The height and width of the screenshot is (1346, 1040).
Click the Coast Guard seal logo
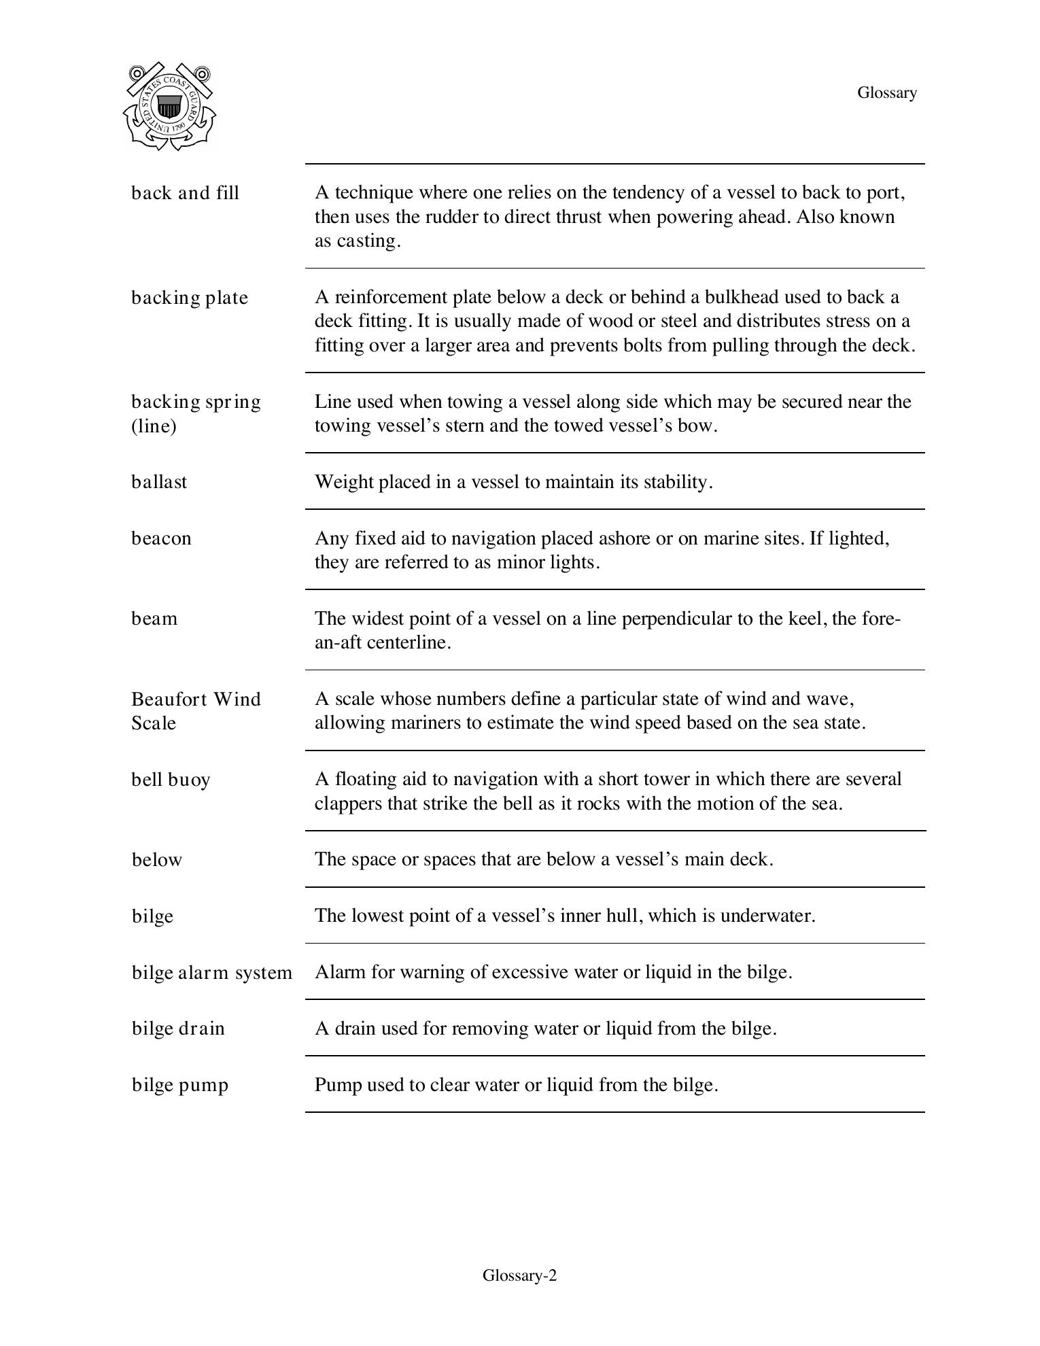(x=169, y=107)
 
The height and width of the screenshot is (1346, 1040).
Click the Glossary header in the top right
(x=886, y=92)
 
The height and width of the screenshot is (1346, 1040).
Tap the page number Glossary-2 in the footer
(x=519, y=1275)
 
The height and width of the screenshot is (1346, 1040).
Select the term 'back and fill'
(x=185, y=193)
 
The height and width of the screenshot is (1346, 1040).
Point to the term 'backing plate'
(x=190, y=298)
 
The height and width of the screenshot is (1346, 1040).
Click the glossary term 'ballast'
(x=159, y=482)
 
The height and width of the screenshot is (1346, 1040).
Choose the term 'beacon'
(x=162, y=538)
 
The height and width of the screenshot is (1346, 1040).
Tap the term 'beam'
(x=154, y=619)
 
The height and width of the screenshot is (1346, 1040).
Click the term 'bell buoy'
(x=171, y=779)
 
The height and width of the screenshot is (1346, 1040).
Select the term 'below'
(x=157, y=860)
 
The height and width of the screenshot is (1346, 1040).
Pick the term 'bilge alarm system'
(x=212, y=973)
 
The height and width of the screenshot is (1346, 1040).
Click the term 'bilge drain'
(x=178, y=1029)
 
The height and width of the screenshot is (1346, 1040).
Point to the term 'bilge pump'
(x=180, y=1085)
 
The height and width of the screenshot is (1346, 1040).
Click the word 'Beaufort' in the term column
(x=168, y=699)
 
